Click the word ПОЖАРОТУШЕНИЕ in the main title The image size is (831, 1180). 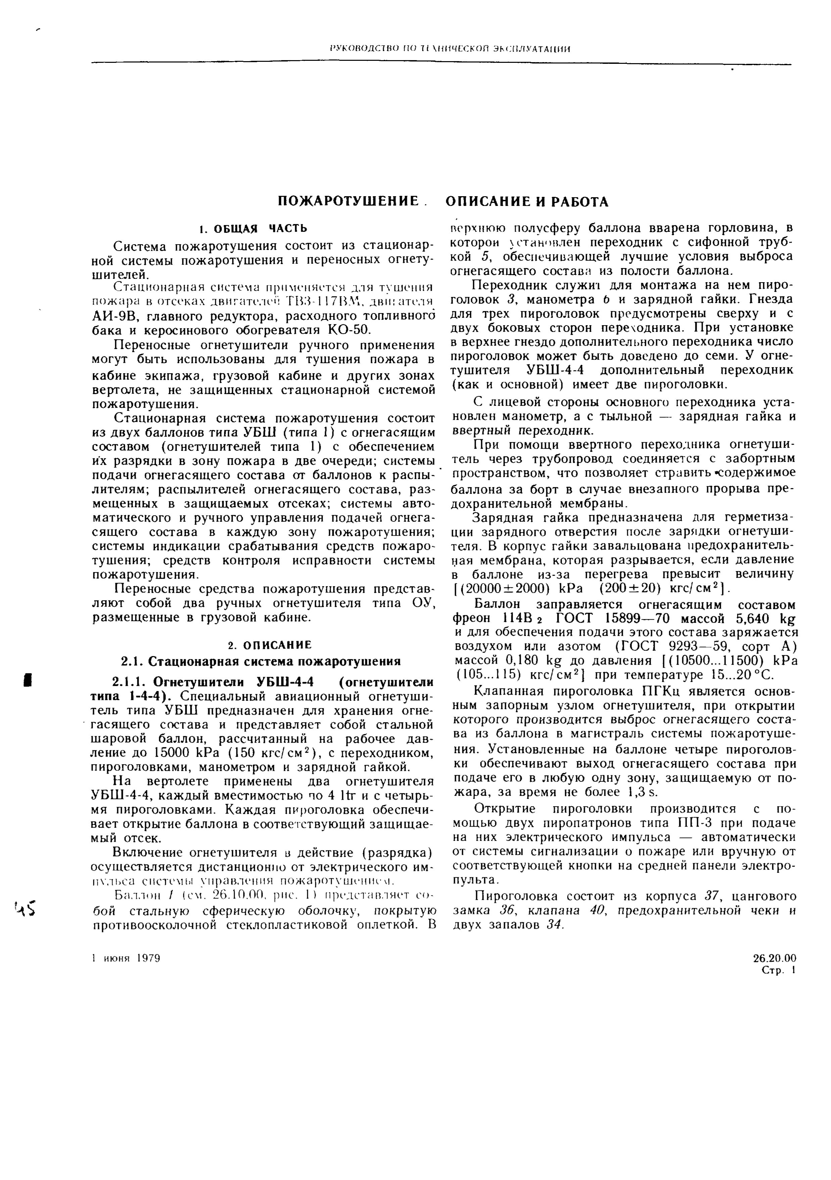348,202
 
